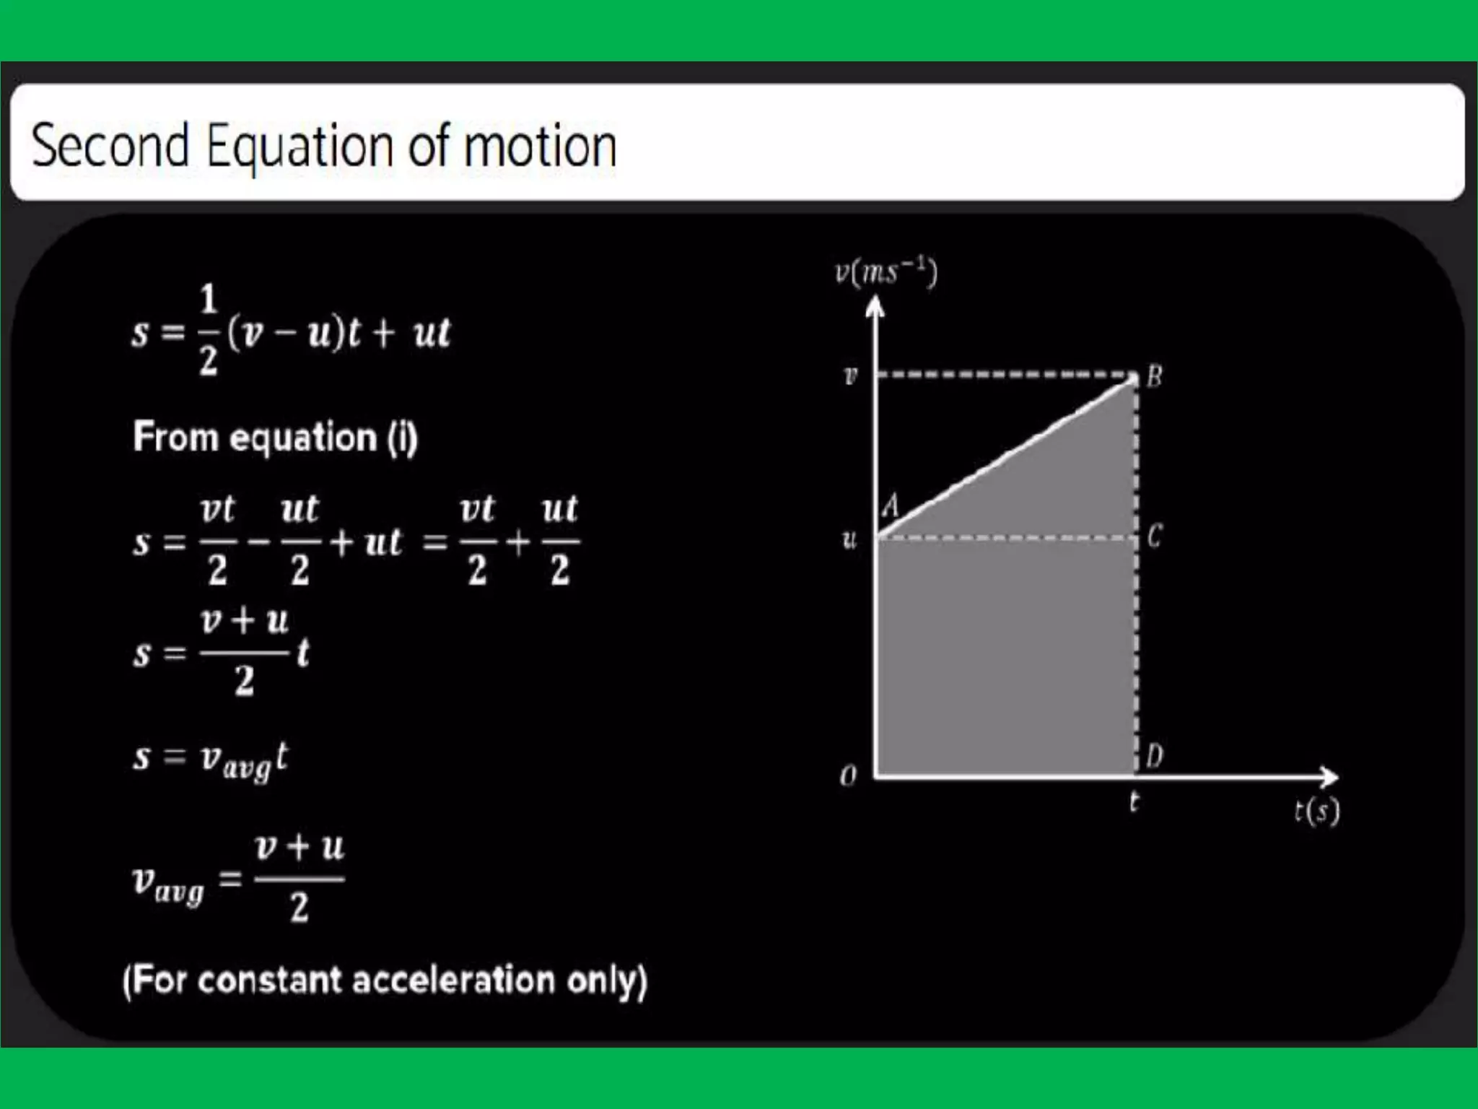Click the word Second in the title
110,146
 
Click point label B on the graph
1154,376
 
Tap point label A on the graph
892,505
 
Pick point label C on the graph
1154,536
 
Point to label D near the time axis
1154,756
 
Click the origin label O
848,777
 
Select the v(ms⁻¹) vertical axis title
886,272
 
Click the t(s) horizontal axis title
1316,812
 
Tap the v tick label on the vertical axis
851,375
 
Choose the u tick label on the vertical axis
849,539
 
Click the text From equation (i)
275,438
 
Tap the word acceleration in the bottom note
454,980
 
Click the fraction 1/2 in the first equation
209,330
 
